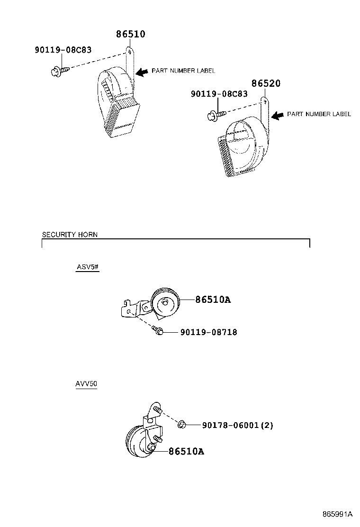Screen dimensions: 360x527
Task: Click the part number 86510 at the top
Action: click(131, 34)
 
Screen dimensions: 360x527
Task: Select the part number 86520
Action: click(266, 83)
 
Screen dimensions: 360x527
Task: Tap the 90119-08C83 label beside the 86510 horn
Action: click(63, 50)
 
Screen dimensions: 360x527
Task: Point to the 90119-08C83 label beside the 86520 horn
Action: click(219, 93)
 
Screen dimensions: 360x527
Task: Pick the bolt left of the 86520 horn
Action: click(215, 116)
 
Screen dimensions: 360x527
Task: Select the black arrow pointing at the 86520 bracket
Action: click(278, 116)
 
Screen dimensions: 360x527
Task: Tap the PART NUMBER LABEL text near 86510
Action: click(183, 71)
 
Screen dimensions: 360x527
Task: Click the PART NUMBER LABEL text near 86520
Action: click(319, 114)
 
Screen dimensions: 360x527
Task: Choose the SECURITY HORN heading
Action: click(70, 234)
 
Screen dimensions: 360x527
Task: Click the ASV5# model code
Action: click(88, 267)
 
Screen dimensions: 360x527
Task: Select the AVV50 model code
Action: click(86, 383)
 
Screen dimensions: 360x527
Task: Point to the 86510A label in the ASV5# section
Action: click(213, 299)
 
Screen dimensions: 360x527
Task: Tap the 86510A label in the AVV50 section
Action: click(186, 451)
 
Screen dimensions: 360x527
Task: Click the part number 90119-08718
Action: click(209, 332)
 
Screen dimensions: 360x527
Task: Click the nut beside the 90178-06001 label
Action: click(182, 425)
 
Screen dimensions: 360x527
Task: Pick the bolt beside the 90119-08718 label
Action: click(157, 330)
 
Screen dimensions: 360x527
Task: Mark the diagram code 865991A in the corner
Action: click(337, 514)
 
